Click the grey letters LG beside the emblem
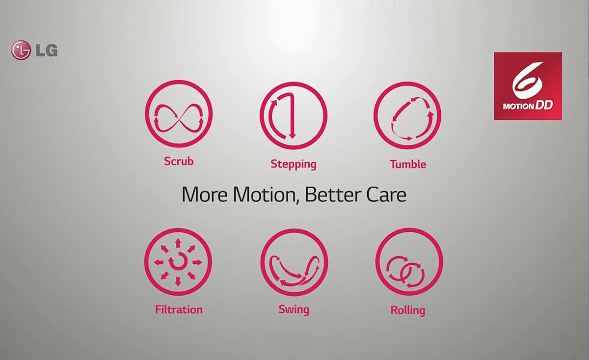46,50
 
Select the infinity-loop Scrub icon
179,114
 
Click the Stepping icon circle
294,116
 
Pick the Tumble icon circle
407,116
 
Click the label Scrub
179,161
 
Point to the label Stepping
294,164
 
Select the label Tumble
407,164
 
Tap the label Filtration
179,310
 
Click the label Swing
294,309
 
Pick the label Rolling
407,310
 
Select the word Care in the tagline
385,195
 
